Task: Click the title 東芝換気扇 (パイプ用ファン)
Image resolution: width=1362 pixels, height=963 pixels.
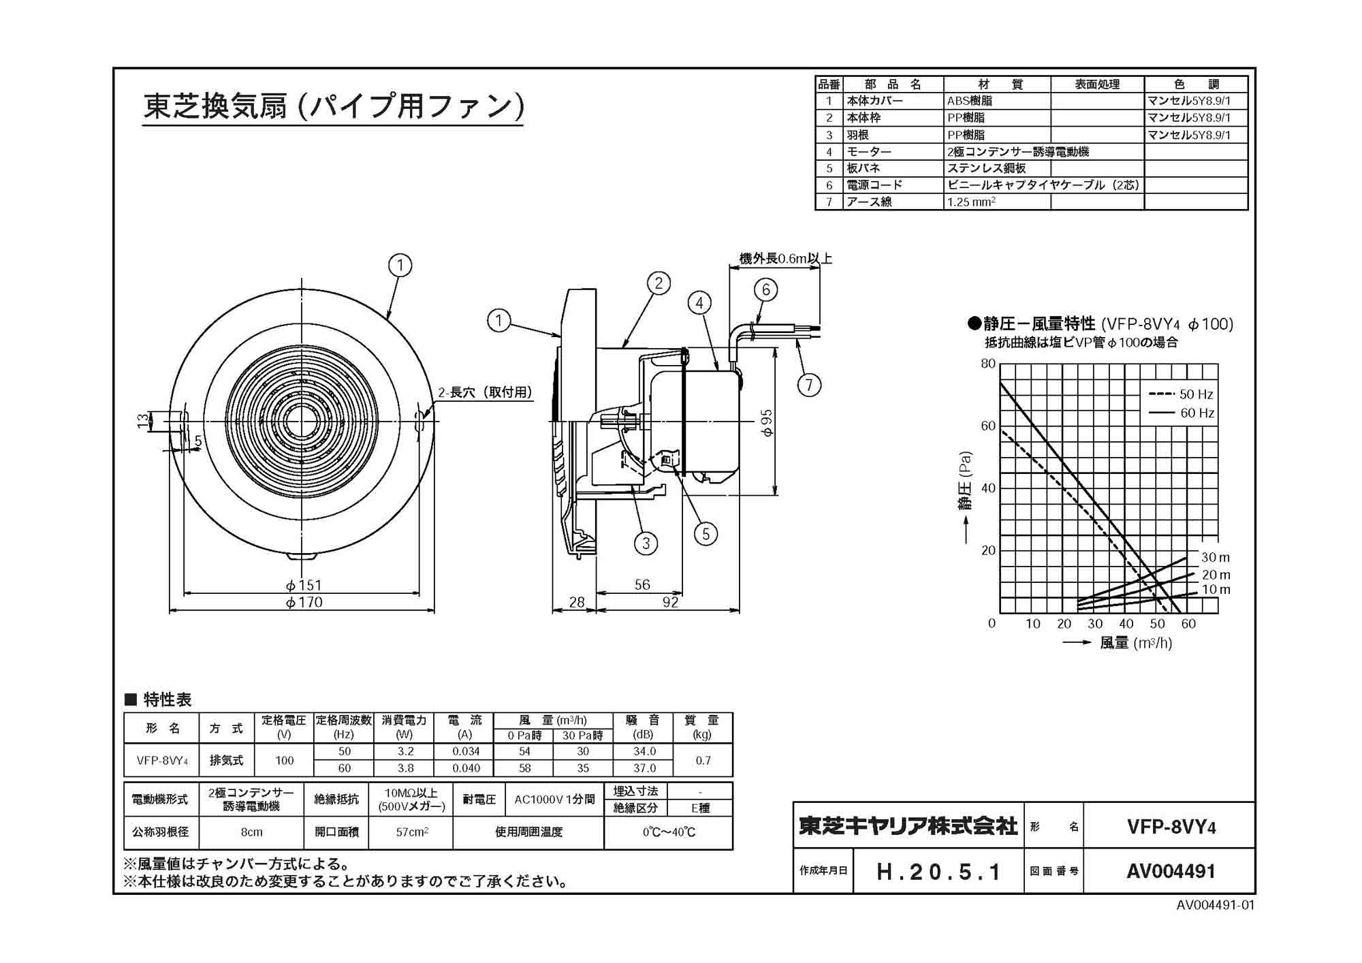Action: (334, 106)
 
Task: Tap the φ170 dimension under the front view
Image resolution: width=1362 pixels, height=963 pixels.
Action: (304, 602)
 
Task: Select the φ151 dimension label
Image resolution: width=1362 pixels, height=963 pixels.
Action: (304, 585)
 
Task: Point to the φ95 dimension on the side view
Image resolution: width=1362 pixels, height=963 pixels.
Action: (767, 422)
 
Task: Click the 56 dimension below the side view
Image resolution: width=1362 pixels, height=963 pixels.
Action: (642, 584)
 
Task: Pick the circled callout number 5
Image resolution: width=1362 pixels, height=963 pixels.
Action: (706, 534)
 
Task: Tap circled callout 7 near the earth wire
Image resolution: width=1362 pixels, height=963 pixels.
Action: (809, 385)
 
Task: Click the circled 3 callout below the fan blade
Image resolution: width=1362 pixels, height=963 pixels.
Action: (646, 543)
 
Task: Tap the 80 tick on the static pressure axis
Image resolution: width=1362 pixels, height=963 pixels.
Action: (988, 364)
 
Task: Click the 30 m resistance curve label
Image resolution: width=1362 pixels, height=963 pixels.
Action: (1215, 557)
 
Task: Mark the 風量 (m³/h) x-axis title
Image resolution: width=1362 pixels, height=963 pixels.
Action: (1135, 642)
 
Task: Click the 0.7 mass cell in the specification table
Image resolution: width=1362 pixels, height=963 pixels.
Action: (703, 760)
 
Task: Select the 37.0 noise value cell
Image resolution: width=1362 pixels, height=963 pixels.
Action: (644, 768)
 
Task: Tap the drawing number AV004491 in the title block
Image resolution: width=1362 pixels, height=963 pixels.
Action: (1171, 871)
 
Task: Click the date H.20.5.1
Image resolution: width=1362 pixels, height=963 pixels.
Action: (938, 872)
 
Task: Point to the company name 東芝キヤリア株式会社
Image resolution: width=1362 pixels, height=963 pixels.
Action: (908, 826)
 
